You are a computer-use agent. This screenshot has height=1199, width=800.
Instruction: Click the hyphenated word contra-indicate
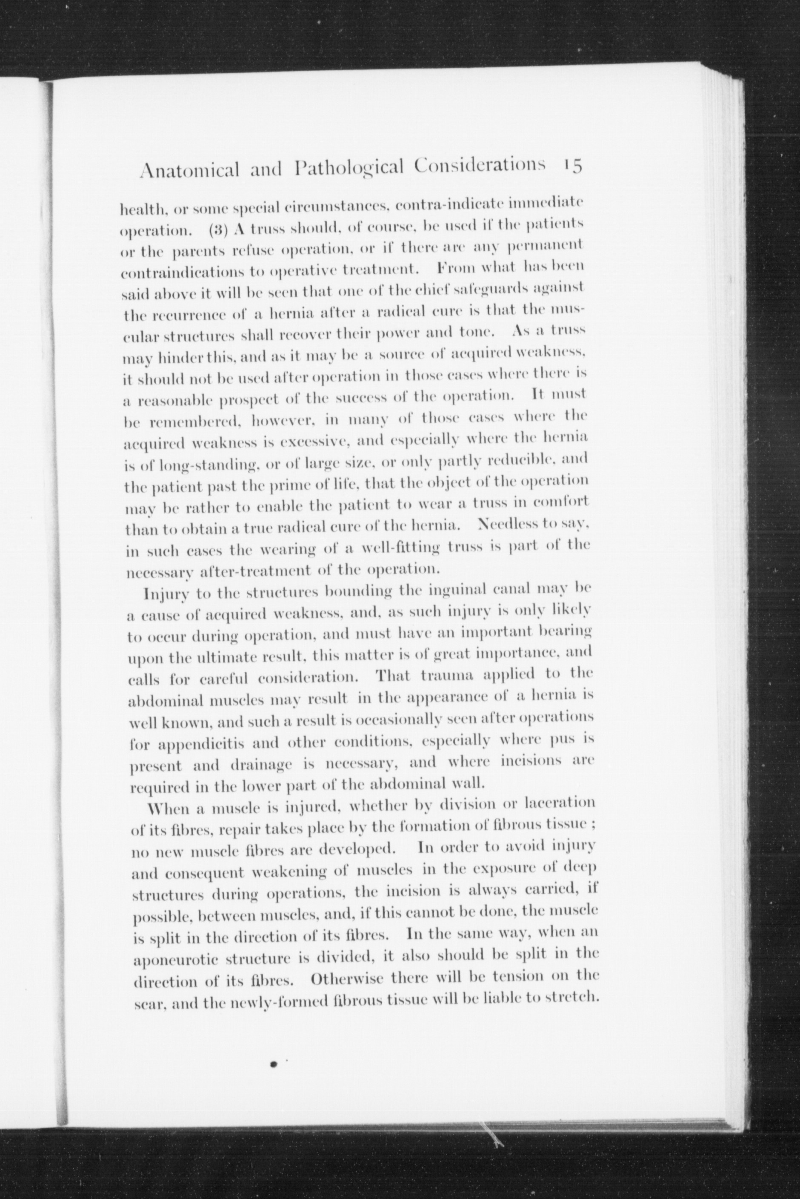(x=451, y=206)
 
